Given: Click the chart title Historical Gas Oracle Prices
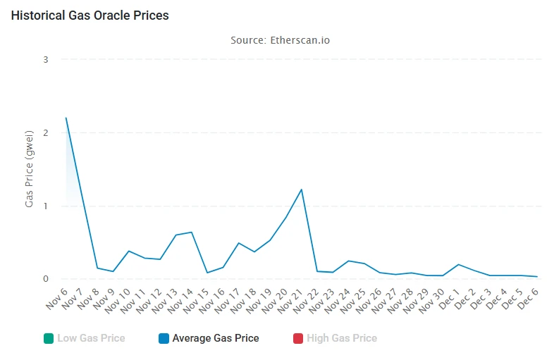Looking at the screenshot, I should [x=90, y=15].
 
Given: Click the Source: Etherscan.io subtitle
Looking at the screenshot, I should [x=280, y=40].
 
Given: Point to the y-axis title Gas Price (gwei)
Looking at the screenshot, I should [x=30, y=168].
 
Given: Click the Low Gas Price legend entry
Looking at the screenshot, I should [x=90, y=338].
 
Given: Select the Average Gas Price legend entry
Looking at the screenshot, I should [x=215, y=338].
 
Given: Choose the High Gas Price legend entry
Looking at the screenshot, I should [x=340, y=338].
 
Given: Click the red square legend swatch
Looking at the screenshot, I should [x=298, y=338].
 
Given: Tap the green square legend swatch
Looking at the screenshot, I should [x=48, y=338].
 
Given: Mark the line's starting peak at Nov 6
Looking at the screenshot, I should [x=66, y=118].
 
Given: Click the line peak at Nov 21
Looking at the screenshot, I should [x=302, y=190].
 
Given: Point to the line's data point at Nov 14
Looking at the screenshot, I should [x=192, y=232].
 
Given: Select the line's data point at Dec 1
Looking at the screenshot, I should [x=459, y=265].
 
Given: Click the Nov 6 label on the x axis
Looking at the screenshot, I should [x=56, y=297].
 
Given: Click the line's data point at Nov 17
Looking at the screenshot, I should [x=239, y=243].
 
